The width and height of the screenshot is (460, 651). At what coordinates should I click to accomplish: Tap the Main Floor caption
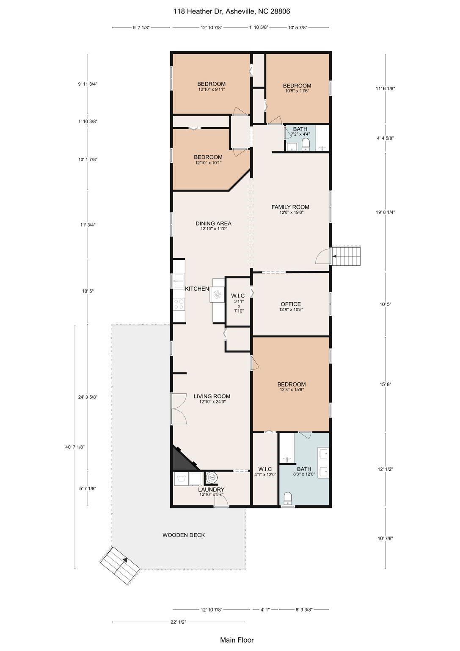(237, 640)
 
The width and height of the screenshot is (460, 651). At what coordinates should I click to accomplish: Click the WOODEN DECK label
(184, 535)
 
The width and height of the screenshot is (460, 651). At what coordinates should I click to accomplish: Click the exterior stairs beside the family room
(347, 256)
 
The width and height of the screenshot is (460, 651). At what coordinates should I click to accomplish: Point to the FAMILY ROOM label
(290, 207)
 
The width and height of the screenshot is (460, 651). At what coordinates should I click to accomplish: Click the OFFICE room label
(291, 304)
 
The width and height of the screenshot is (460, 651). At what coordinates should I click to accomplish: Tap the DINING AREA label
(213, 223)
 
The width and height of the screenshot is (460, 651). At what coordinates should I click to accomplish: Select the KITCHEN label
(197, 289)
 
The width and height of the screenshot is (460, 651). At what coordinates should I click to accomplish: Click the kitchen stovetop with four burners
(179, 304)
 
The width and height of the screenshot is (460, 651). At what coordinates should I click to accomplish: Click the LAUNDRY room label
(211, 490)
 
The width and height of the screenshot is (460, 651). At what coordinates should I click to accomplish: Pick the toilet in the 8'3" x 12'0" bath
(289, 498)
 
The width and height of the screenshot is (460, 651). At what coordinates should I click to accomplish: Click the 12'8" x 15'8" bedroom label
(292, 384)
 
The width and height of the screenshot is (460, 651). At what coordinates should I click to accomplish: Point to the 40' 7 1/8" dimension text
(75, 447)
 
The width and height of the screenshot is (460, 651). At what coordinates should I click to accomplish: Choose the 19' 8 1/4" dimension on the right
(385, 212)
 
